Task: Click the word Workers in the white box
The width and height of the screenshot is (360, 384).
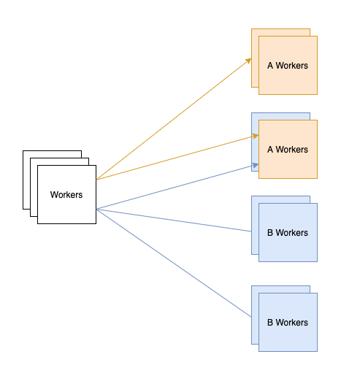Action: (66, 195)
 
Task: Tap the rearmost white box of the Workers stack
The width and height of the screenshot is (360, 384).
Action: (26, 180)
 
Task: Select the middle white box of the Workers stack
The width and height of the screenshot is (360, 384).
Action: (34, 188)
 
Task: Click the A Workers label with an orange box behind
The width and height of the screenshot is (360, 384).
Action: (288, 66)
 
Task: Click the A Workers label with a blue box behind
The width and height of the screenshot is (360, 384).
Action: (288, 150)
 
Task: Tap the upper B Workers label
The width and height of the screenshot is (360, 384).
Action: (288, 233)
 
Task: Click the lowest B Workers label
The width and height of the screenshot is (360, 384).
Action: (288, 323)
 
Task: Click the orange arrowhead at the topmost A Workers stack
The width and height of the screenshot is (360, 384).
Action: (248, 61)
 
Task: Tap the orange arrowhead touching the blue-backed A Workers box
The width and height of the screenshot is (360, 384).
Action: (256, 136)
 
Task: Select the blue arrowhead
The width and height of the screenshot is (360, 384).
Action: (256, 165)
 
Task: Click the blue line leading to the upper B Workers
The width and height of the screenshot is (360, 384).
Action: (174, 220)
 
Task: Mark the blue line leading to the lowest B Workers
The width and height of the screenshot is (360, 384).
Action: (174, 263)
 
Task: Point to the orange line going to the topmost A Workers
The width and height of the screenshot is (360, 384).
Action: (174, 119)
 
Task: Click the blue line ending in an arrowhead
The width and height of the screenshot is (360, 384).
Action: (177, 187)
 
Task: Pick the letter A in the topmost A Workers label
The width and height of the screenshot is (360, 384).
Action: (270, 66)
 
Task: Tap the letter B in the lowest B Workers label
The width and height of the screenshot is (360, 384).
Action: (270, 323)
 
